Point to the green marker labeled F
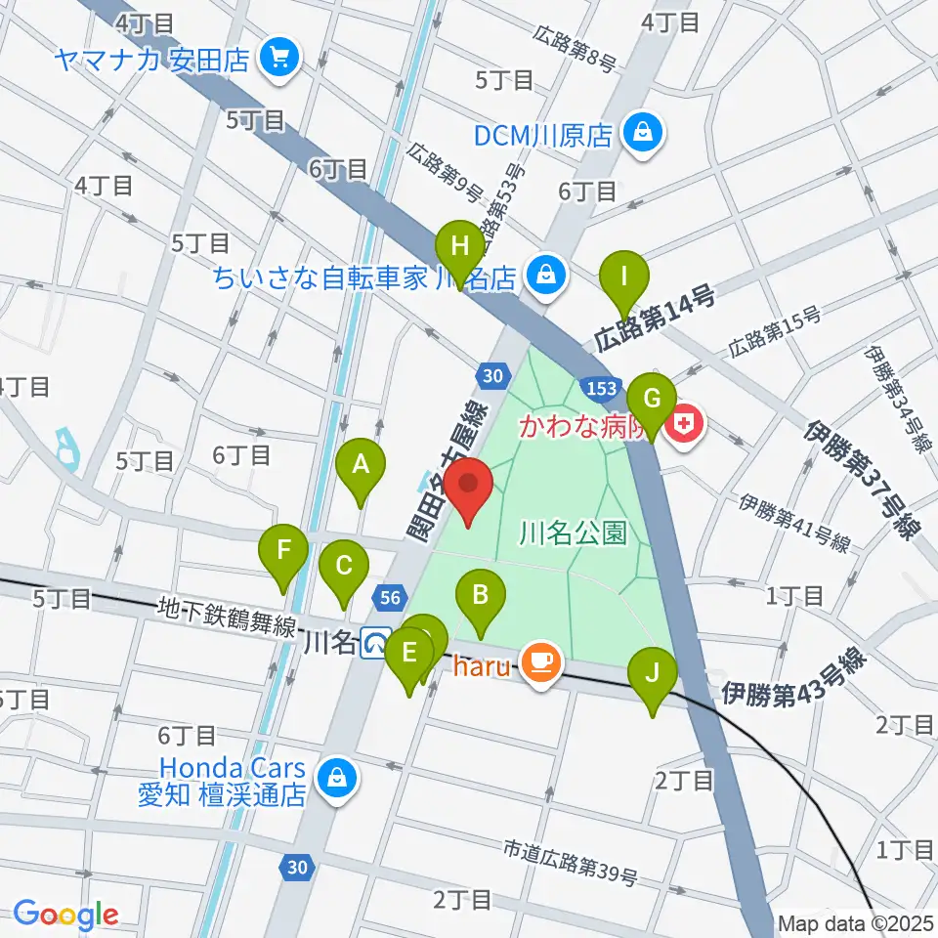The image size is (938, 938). click(x=284, y=556)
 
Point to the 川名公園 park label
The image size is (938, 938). click(x=572, y=533)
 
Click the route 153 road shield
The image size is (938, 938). click(x=600, y=388)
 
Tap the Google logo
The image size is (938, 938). click(x=66, y=915)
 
